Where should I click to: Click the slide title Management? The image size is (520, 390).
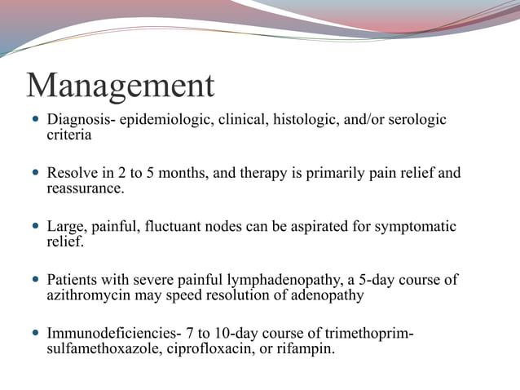pyautogui.click(x=120, y=85)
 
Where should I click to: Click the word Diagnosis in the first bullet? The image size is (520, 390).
pyautogui.click(x=80, y=120)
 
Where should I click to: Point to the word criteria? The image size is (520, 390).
pyautogui.click(x=68, y=135)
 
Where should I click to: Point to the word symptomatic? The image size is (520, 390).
pyautogui.click(x=414, y=227)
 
